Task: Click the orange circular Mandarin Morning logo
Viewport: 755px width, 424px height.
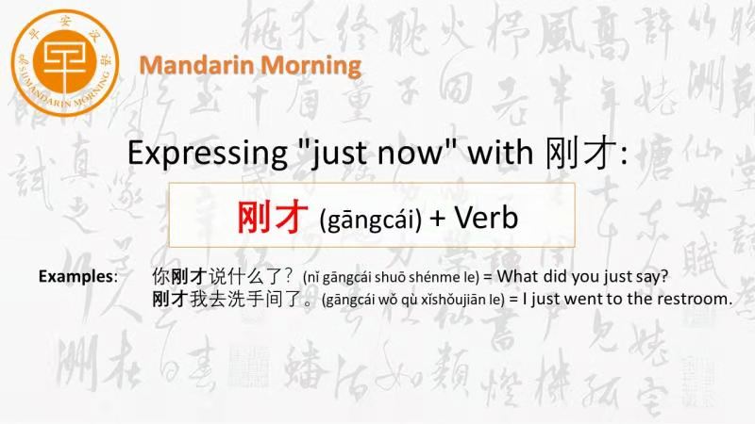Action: click(65, 63)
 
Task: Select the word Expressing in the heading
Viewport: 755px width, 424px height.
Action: click(208, 154)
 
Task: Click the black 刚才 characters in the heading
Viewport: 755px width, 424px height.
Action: click(580, 153)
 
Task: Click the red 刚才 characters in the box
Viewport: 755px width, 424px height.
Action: click(273, 217)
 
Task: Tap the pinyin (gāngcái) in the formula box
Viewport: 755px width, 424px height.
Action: click(370, 220)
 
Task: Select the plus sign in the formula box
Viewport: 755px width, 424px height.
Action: click(437, 219)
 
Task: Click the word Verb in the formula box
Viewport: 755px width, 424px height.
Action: click(486, 218)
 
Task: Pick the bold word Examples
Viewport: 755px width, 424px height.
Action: click(75, 276)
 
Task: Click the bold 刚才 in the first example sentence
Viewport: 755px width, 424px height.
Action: click(190, 276)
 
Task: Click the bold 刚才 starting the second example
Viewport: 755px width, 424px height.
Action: click(171, 299)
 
